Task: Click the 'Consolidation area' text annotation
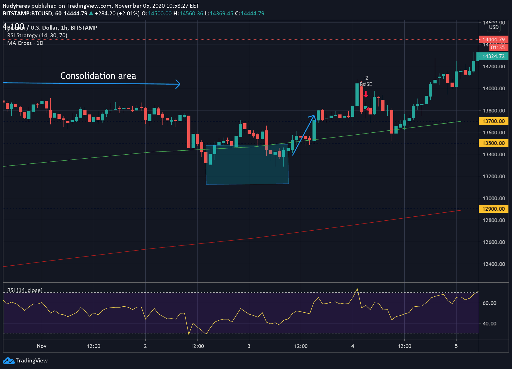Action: pos(98,76)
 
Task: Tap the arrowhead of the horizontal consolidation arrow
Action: pos(178,84)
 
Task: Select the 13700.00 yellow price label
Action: pos(493,121)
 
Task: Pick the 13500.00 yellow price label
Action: pos(493,143)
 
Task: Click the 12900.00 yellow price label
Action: pos(493,209)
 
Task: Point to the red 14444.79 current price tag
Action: pos(493,40)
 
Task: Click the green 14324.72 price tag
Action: pos(493,56)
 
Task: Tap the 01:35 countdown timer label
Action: pos(497,48)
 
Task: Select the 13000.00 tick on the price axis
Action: pos(494,198)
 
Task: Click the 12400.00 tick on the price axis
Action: pos(494,264)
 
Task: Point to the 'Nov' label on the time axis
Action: pos(42,346)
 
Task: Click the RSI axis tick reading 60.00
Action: pos(489,303)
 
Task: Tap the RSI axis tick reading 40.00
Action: pos(489,323)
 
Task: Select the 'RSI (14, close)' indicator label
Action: pos(25,290)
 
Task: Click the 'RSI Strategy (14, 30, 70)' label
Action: pos(37,35)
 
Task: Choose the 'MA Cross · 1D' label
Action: pos(25,43)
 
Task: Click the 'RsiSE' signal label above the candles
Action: pos(366,84)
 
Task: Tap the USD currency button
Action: pos(494,27)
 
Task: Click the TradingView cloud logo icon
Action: pos(9,361)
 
